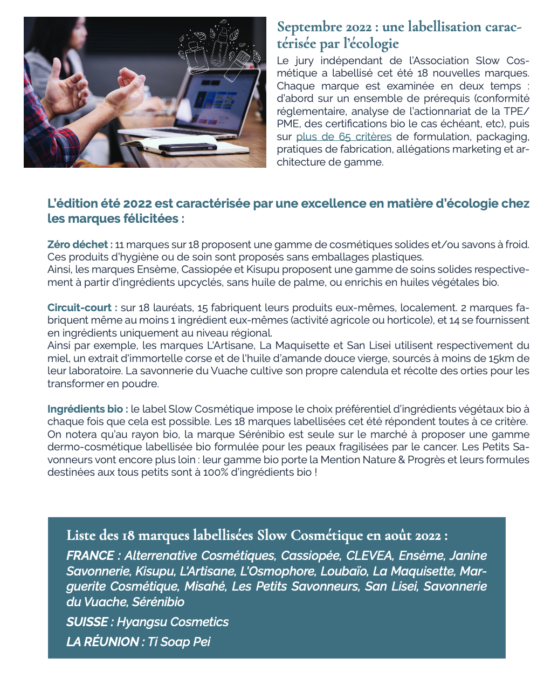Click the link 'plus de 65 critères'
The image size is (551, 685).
343,136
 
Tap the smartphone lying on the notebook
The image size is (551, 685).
188,147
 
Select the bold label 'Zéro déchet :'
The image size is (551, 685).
80,244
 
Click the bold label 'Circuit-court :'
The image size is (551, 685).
82,307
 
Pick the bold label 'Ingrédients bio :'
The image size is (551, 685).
87,409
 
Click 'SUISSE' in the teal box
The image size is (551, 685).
87,622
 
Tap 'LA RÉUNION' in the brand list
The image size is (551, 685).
102,642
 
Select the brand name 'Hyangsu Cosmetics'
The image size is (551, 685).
173,622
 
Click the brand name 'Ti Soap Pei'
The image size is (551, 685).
179,642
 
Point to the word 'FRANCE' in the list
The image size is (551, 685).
89,556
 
